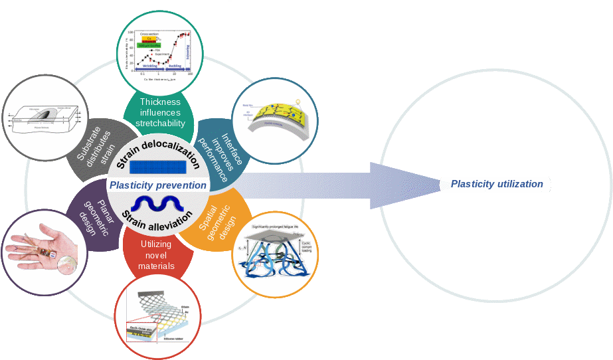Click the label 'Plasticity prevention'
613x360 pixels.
coord(158,185)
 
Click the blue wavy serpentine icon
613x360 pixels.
coord(158,203)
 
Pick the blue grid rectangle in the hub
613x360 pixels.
coord(157,167)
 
